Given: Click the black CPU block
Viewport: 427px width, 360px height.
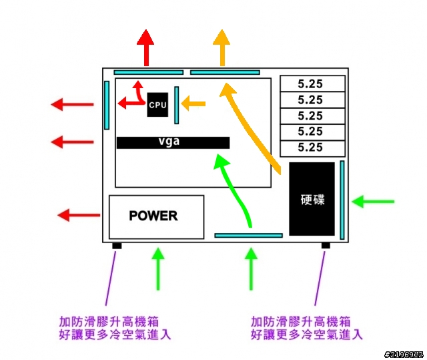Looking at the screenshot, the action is pyautogui.click(x=157, y=105).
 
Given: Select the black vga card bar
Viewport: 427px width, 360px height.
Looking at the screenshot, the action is pyautogui.click(x=173, y=143).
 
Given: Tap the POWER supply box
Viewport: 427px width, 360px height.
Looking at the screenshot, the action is pyautogui.click(x=157, y=217).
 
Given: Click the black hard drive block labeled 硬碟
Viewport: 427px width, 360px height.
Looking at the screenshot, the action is pyautogui.click(x=312, y=199).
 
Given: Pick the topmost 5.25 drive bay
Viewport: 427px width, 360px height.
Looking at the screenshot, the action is pyautogui.click(x=313, y=83).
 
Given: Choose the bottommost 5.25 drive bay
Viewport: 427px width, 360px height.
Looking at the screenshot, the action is pyautogui.click(x=313, y=148).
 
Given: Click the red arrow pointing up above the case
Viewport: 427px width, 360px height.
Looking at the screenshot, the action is pyautogui.click(x=145, y=47).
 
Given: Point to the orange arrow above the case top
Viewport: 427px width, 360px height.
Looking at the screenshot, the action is pyautogui.click(x=222, y=47).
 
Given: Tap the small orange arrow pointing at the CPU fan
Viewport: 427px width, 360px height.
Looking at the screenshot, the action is pyautogui.click(x=193, y=104).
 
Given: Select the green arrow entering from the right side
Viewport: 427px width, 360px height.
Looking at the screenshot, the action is pyautogui.click(x=373, y=202).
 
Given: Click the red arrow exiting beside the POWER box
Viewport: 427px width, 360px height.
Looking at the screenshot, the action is pyautogui.click(x=79, y=215).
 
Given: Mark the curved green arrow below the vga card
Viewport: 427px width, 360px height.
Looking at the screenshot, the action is pyautogui.click(x=234, y=188).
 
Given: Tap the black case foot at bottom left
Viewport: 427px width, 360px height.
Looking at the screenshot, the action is pyautogui.click(x=117, y=246).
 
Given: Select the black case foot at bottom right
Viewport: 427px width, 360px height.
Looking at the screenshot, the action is pyautogui.click(x=326, y=246).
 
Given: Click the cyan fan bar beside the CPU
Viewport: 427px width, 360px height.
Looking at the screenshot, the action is pyautogui.click(x=176, y=105).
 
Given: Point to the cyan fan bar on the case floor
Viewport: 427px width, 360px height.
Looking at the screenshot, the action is pyautogui.click(x=248, y=236).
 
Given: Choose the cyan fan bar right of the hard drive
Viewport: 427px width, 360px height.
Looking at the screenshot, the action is pyautogui.click(x=342, y=200).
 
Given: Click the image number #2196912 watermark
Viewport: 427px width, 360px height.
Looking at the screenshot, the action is pyautogui.click(x=404, y=355).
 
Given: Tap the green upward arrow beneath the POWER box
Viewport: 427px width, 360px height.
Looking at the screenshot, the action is pyautogui.click(x=158, y=268).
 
